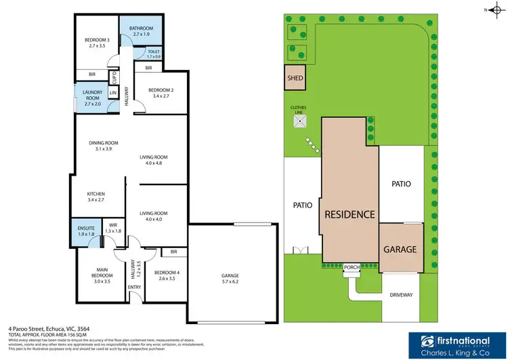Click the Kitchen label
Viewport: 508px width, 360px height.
[x=96, y=197]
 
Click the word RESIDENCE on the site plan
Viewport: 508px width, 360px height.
[x=349, y=214]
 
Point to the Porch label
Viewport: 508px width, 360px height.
[x=351, y=266]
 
